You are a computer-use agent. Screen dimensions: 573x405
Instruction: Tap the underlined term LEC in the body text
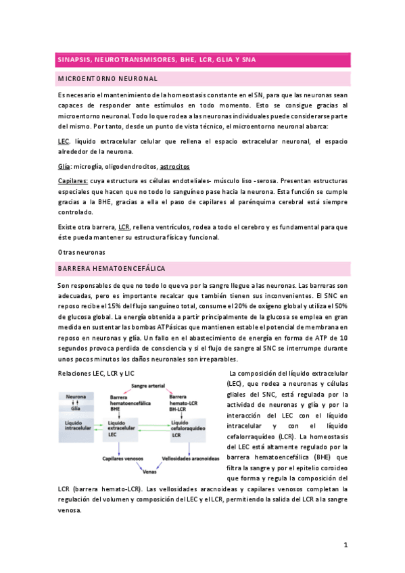click(x=64, y=141)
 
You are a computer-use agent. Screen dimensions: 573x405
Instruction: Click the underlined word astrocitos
click(x=174, y=166)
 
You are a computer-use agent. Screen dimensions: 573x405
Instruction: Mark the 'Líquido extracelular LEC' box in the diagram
click(x=121, y=427)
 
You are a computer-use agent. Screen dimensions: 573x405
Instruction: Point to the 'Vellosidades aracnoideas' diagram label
click(x=191, y=457)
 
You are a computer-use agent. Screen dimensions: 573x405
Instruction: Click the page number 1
click(x=345, y=545)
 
